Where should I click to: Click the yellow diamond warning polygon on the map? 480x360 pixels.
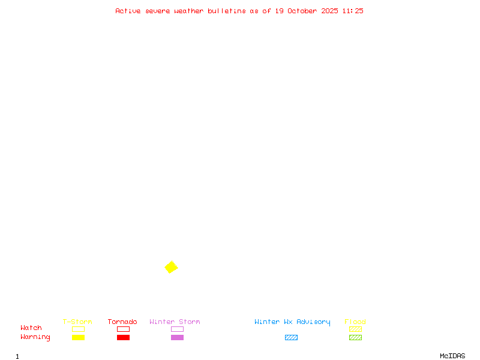[x=171, y=267]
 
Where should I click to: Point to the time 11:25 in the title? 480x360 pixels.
[x=353, y=11]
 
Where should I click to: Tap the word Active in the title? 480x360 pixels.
[x=128, y=11]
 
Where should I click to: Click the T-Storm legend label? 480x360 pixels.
[x=77, y=322]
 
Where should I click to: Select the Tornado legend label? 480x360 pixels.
[x=122, y=322]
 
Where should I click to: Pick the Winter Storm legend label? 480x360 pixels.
[x=175, y=322]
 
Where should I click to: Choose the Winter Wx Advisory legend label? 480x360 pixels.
[x=292, y=322]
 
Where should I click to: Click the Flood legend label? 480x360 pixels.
[x=355, y=322]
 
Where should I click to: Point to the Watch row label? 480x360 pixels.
[x=31, y=328]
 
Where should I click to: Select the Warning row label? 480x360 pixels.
[x=35, y=337]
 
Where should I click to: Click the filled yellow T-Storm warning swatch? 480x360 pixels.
[x=78, y=338]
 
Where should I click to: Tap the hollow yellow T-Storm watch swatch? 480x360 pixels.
[x=78, y=329]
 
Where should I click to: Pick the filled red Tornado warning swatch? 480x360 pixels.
[x=123, y=338]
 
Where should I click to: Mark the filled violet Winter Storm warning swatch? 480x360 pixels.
[x=177, y=338]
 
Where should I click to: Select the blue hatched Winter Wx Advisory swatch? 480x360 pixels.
[x=291, y=338]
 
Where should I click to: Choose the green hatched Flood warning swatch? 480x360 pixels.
[x=355, y=338]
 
